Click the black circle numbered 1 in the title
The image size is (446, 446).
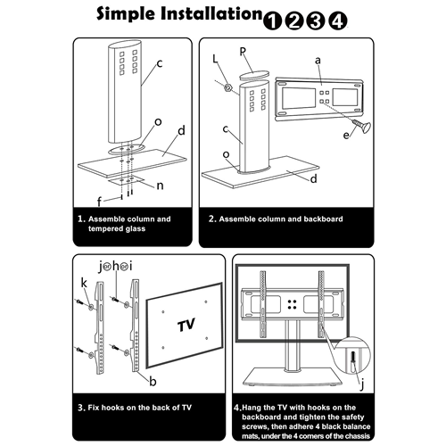click(272, 21)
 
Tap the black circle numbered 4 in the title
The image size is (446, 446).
click(338, 21)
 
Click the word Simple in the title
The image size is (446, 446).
click(126, 14)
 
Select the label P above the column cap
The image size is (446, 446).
click(243, 52)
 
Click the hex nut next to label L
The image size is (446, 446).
click(228, 87)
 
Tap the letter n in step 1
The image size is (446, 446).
click(160, 186)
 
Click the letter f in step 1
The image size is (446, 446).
click(99, 202)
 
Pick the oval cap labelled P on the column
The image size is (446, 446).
click(254, 75)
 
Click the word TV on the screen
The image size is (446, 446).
click(186, 325)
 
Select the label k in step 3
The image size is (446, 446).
click(84, 284)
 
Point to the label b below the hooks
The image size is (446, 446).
click(153, 382)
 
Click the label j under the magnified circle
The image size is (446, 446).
click(362, 385)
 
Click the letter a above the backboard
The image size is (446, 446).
click(318, 61)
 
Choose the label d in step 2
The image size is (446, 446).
click(313, 179)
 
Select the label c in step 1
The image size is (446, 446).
click(160, 63)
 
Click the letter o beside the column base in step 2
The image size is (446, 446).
click(226, 154)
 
